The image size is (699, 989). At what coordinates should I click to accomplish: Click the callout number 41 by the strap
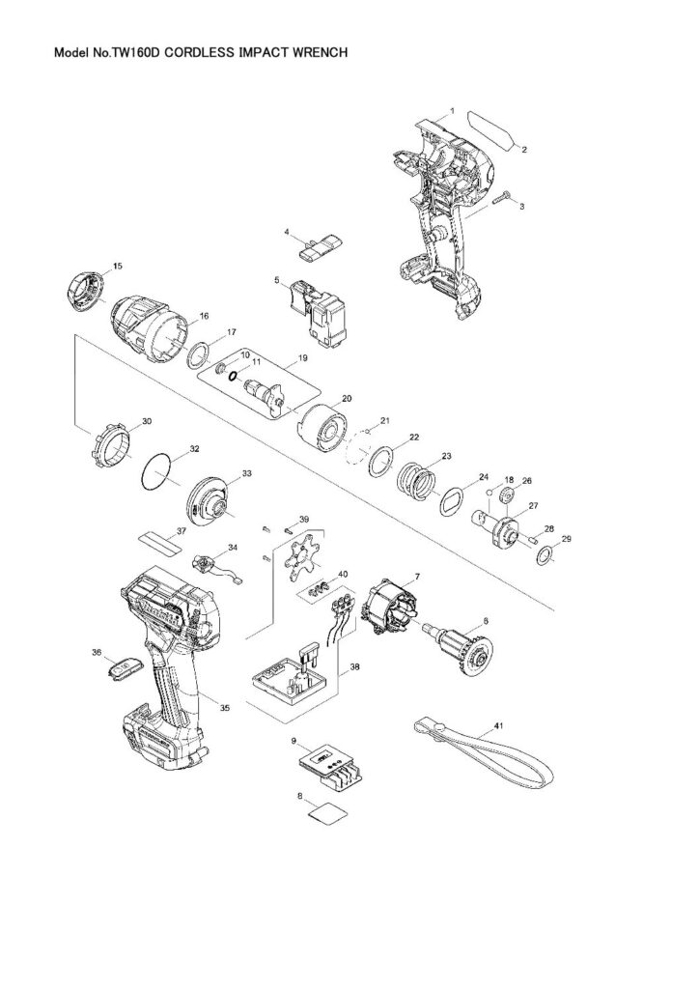tap(498, 724)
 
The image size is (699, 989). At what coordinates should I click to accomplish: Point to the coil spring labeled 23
tap(418, 477)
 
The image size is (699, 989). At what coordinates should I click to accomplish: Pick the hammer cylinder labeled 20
tap(323, 424)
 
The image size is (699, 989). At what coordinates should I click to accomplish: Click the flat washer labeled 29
tap(546, 554)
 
